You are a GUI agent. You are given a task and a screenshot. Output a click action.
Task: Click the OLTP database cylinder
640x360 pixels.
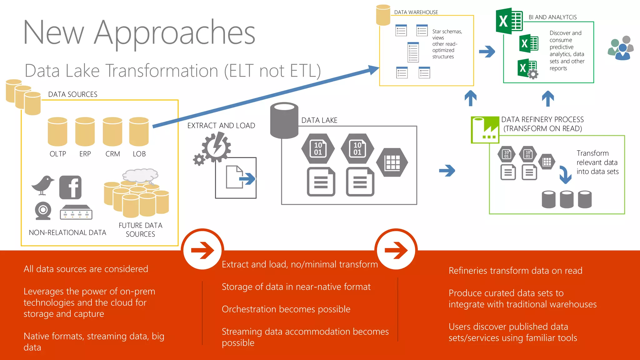pyautogui.click(x=57, y=132)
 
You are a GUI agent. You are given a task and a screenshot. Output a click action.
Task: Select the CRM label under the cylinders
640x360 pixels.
pyautogui.click(x=112, y=154)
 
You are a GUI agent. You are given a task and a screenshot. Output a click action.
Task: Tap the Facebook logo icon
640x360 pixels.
pyautogui.click(x=70, y=187)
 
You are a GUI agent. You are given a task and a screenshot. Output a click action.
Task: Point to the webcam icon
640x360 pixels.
pyautogui.click(x=43, y=211)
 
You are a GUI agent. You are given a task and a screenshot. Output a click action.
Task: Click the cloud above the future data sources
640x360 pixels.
pyautogui.click(x=140, y=175)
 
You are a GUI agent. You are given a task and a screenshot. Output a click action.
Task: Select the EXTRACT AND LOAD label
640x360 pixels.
pyautogui.click(x=221, y=126)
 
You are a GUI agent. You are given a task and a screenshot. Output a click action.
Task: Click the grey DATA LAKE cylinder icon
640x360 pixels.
pyautogui.click(x=284, y=120)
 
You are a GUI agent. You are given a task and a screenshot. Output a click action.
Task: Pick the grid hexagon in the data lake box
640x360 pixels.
pyautogui.click(x=392, y=162)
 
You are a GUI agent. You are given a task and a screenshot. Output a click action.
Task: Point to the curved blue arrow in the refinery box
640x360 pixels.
pyautogui.click(x=565, y=175)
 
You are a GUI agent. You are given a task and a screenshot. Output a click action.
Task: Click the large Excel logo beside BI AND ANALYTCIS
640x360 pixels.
pyautogui.click(x=509, y=21)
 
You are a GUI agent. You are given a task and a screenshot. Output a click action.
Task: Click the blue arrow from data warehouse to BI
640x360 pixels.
pyautogui.click(x=487, y=52)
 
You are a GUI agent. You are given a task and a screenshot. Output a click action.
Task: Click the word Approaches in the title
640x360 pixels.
pyautogui.click(x=175, y=33)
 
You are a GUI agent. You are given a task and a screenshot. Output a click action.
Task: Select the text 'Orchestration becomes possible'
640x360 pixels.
pyautogui.click(x=286, y=309)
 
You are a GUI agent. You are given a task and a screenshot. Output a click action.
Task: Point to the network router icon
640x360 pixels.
pyautogui.click(x=76, y=212)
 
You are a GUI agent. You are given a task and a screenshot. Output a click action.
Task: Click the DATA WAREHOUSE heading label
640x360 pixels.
pyautogui.click(x=416, y=12)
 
